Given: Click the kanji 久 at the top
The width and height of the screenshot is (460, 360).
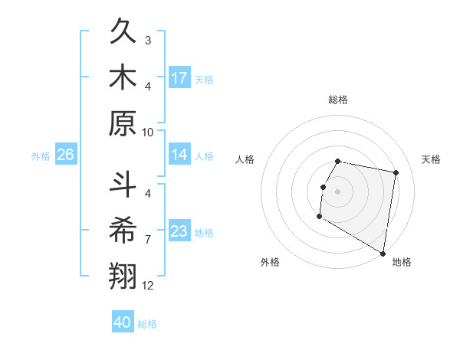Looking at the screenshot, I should click(x=124, y=34).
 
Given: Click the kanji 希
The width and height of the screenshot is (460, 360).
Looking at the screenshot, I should click(x=124, y=229).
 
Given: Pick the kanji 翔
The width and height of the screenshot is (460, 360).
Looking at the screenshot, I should click(x=124, y=273).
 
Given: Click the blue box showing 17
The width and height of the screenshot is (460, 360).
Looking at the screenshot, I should click(x=179, y=78).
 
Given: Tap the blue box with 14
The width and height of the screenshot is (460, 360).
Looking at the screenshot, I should click(x=179, y=155).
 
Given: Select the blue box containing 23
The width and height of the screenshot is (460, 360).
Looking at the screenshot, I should click(x=179, y=231).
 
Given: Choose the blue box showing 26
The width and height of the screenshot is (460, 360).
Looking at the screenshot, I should click(x=66, y=155).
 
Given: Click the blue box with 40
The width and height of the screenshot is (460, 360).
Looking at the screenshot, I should click(x=123, y=322).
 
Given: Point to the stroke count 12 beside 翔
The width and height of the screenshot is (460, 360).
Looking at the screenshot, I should click(x=149, y=286).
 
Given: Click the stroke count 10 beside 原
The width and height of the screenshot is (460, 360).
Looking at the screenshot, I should click(x=149, y=132).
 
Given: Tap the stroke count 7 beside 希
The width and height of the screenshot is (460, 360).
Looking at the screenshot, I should click(x=148, y=240).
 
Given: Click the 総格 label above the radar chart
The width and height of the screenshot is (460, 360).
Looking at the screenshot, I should click(x=338, y=100).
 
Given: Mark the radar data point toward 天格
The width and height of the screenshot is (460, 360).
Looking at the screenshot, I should click(x=396, y=173).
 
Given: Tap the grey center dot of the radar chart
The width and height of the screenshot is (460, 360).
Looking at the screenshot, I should click(x=338, y=191).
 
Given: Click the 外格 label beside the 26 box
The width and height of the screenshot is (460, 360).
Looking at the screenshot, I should click(x=41, y=155).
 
